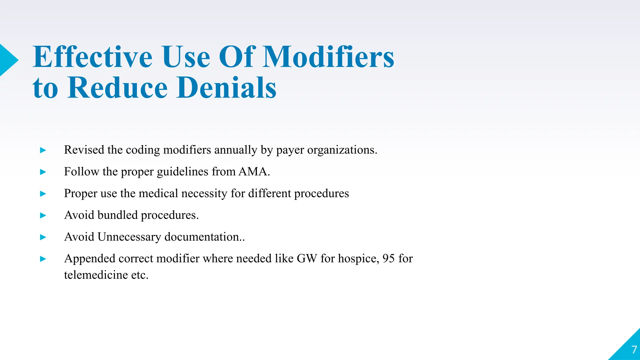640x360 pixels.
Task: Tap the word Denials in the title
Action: (226, 88)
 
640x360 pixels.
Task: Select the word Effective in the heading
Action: (92, 57)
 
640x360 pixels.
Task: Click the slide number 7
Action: (634, 350)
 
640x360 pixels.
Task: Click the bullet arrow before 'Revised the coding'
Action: (43, 151)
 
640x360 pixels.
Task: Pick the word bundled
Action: (117, 215)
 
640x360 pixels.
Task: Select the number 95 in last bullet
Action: (388, 259)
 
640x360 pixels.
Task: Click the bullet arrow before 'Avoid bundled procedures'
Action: (43, 216)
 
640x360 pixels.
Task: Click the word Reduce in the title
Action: (117, 88)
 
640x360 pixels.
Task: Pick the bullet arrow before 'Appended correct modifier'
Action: (43, 259)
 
